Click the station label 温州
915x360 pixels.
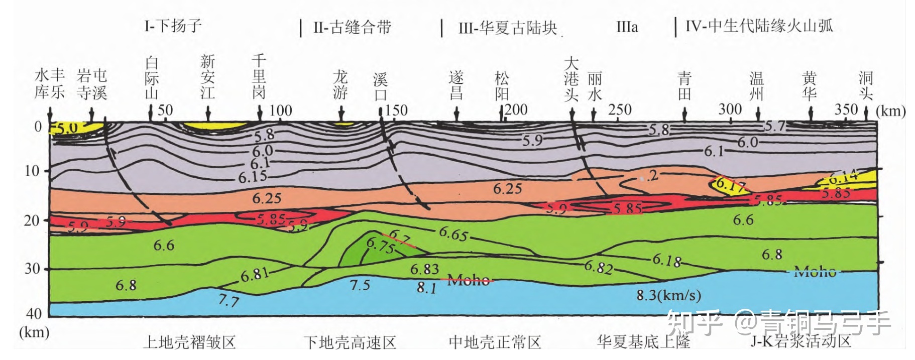pyautogui.click(x=756, y=86)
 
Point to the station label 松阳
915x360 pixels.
pyautogui.click(x=502, y=86)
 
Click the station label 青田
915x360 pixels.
pyautogui.click(x=684, y=86)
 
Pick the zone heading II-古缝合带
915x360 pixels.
pyautogui.click(x=352, y=27)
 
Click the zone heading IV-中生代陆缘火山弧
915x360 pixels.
pyautogui.click(x=759, y=26)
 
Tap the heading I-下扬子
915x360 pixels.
pyautogui.click(x=173, y=26)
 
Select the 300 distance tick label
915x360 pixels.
pyautogui.click(x=730, y=109)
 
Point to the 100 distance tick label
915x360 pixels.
pyautogui.click(x=280, y=110)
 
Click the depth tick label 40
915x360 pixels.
pyautogui.click(x=34, y=314)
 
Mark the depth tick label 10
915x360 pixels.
pyautogui.click(x=32, y=171)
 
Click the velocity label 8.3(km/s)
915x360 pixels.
pyautogui.click(x=668, y=295)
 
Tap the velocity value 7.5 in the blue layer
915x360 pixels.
pyautogui.click(x=360, y=285)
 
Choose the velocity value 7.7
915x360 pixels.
pyautogui.click(x=228, y=300)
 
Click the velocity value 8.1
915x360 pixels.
pyautogui.click(x=426, y=288)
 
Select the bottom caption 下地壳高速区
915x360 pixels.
pyautogui.click(x=350, y=342)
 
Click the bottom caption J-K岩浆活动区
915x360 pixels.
pyautogui.click(x=800, y=341)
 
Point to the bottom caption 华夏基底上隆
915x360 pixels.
pyautogui.click(x=643, y=342)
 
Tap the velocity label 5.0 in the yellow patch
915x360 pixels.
pyautogui.click(x=66, y=129)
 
